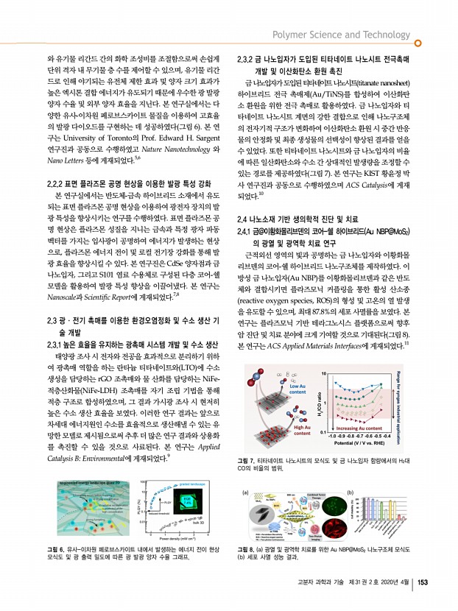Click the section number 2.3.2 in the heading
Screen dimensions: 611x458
point(247,57)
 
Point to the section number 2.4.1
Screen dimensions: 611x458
point(248,232)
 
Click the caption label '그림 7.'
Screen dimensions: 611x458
point(248,459)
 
